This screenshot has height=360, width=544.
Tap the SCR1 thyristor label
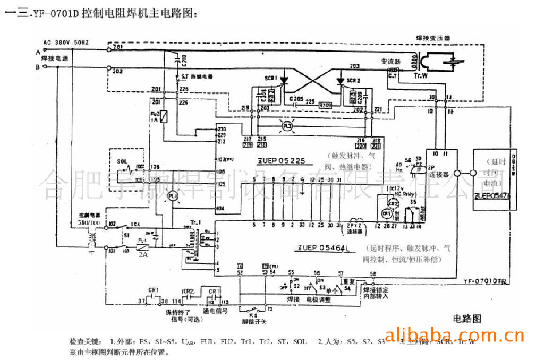pyautogui.click(x=271, y=79)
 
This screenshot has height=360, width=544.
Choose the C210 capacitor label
pyautogui.click(x=184, y=60)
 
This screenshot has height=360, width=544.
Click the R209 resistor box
pyautogui.click(x=325, y=106)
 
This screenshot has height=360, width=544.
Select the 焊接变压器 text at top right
pyautogui.click(x=432, y=39)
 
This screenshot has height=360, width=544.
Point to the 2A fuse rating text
pyautogui.click(x=142, y=255)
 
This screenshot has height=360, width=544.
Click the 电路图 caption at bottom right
pyautogui.click(x=467, y=319)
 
